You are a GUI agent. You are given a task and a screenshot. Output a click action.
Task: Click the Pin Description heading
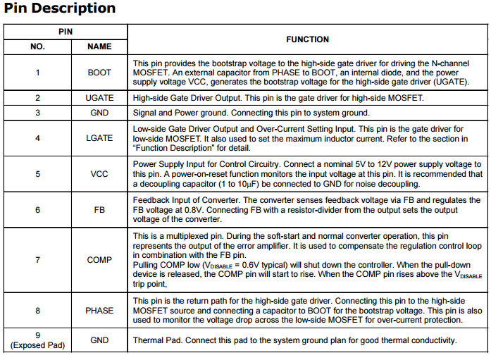point(60,9)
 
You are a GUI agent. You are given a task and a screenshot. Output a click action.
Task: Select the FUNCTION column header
point(307,39)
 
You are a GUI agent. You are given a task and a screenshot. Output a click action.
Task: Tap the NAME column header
point(99,46)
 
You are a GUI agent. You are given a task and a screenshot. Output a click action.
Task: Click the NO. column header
point(37,46)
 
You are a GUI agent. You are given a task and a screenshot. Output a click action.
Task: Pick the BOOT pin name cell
point(99,73)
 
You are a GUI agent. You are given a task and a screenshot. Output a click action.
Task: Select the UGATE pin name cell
point(99,98)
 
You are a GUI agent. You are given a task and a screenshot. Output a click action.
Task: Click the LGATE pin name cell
point(99,138)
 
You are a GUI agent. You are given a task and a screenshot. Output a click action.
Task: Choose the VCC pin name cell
point(99,173)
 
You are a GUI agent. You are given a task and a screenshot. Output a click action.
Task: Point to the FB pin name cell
point(99,210)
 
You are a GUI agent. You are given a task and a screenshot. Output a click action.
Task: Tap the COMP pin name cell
point(99,260)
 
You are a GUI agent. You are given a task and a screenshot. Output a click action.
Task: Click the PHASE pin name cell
point(99,310)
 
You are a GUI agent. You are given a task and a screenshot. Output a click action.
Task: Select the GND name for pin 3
point(99,113)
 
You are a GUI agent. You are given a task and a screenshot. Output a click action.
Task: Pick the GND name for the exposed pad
point(99,340)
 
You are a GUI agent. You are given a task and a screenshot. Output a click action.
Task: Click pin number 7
point(37,260)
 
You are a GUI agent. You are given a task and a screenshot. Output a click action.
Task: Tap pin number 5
point(37,173)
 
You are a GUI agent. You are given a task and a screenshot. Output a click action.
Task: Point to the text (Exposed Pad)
point(37,345)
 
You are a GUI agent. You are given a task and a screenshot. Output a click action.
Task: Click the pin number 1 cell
point(37,73)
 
